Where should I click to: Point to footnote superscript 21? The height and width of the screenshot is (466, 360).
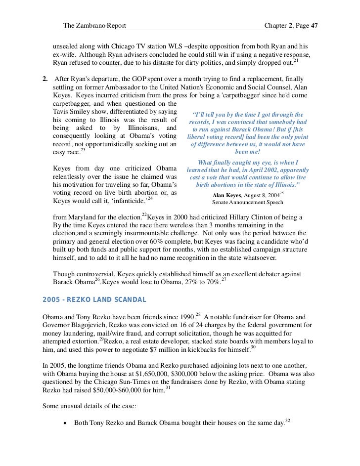pyautogui.click(x=295, y=61)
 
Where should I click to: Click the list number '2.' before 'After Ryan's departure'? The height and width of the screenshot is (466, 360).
pyautogui.click(x=45, y=79)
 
